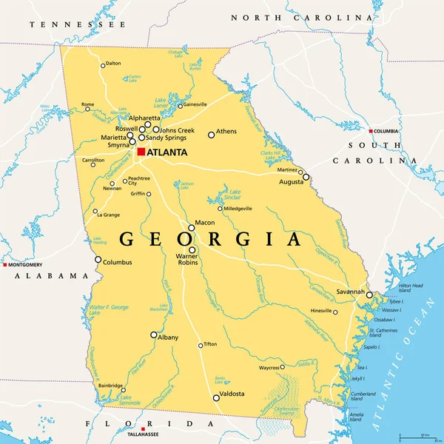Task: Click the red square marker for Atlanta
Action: pyautogui.click(x=141, y=152)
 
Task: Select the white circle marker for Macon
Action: pyautogui.click(x=191, y=227)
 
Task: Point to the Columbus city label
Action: pyautogui.click(x=117, y=262)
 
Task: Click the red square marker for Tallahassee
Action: pyautogui.click(x=142, y=428)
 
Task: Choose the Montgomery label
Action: pyautogui.click(x=26, y=264)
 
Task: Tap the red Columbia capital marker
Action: pyautogui.click(x=373, y=131)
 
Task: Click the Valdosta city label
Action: pyautogui.click(x=231, y=394)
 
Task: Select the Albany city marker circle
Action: pyautogui.click(x=154, y=334)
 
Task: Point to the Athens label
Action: pyautogui.click(x=226, y=132)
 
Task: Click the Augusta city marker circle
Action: pyautogui.click(x=306, y=177)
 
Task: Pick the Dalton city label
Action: pyautogui.click(x=112, y=64)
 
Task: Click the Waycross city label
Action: pyautogui.click(x=268, y=367)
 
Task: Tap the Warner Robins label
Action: pyautogui.click(x=191, y=260)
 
